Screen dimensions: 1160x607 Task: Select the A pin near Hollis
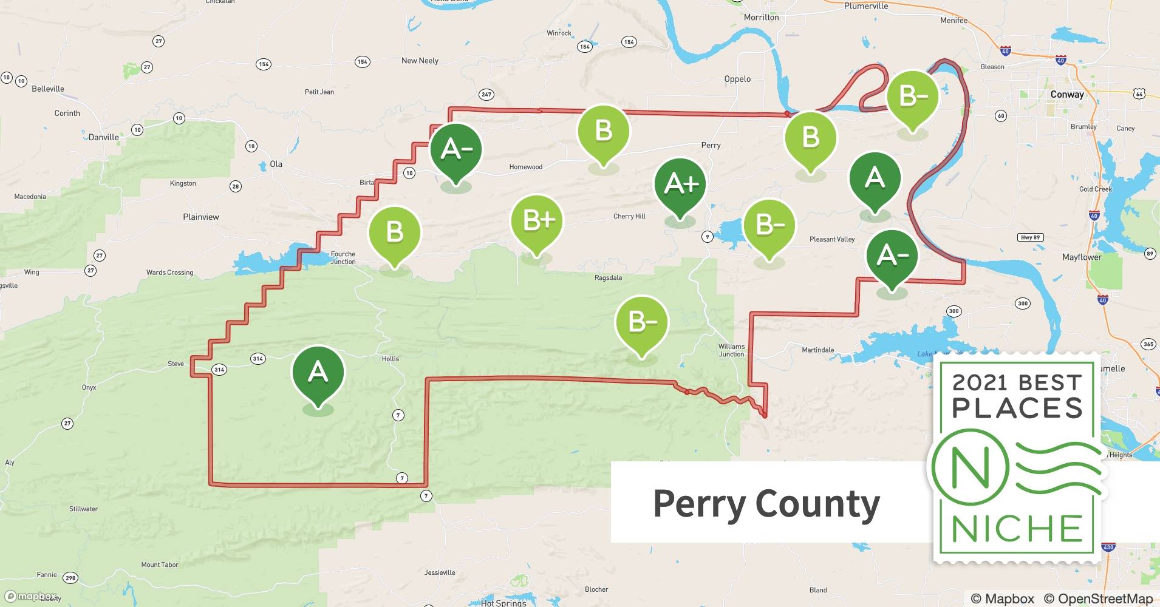click(318, 372)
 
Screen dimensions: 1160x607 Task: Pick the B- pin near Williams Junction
click(641, 322)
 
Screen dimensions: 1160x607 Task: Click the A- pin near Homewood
click(455, 149)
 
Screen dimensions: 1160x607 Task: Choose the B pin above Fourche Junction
click(395, 232)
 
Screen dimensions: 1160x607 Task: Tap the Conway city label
click(1067, 95)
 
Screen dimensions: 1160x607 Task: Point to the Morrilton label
click(761, 18)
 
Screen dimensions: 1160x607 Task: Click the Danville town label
click(104, 137)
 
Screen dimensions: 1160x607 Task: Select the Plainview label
click(201, 217)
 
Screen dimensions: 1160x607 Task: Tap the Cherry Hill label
click(629, 216)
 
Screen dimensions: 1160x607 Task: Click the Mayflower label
click(1082, 257)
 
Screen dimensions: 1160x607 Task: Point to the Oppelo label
click(737, 79)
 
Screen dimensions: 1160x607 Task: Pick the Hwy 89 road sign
click(1030, 237)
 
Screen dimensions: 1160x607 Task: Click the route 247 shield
click(486, 94)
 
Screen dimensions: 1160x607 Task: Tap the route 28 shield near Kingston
click(236, 186)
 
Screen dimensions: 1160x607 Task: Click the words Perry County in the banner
click(766, 503)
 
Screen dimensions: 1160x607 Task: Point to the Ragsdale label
click(608, 278)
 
